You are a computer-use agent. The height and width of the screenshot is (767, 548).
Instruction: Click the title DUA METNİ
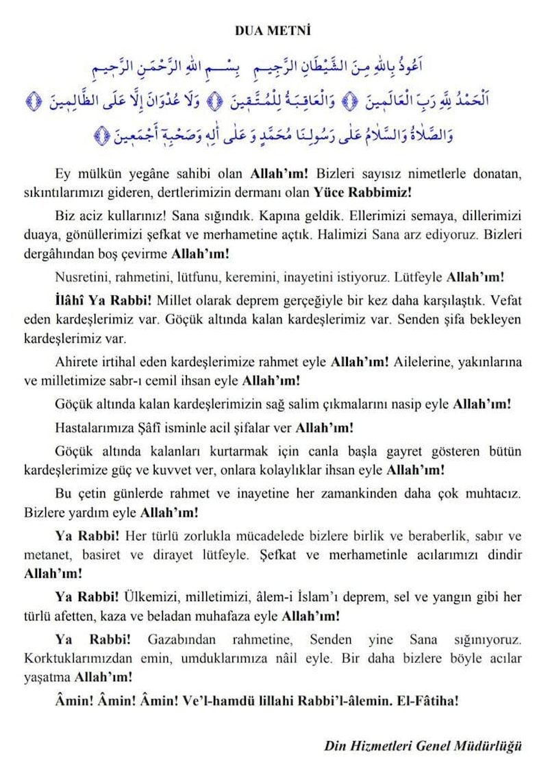click(273, 31)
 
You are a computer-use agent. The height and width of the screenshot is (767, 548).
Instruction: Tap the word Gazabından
click(182, 640)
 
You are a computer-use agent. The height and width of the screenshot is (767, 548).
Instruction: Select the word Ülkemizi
click(146, 597)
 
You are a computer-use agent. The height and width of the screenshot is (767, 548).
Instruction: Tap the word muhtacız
click(490, 494)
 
